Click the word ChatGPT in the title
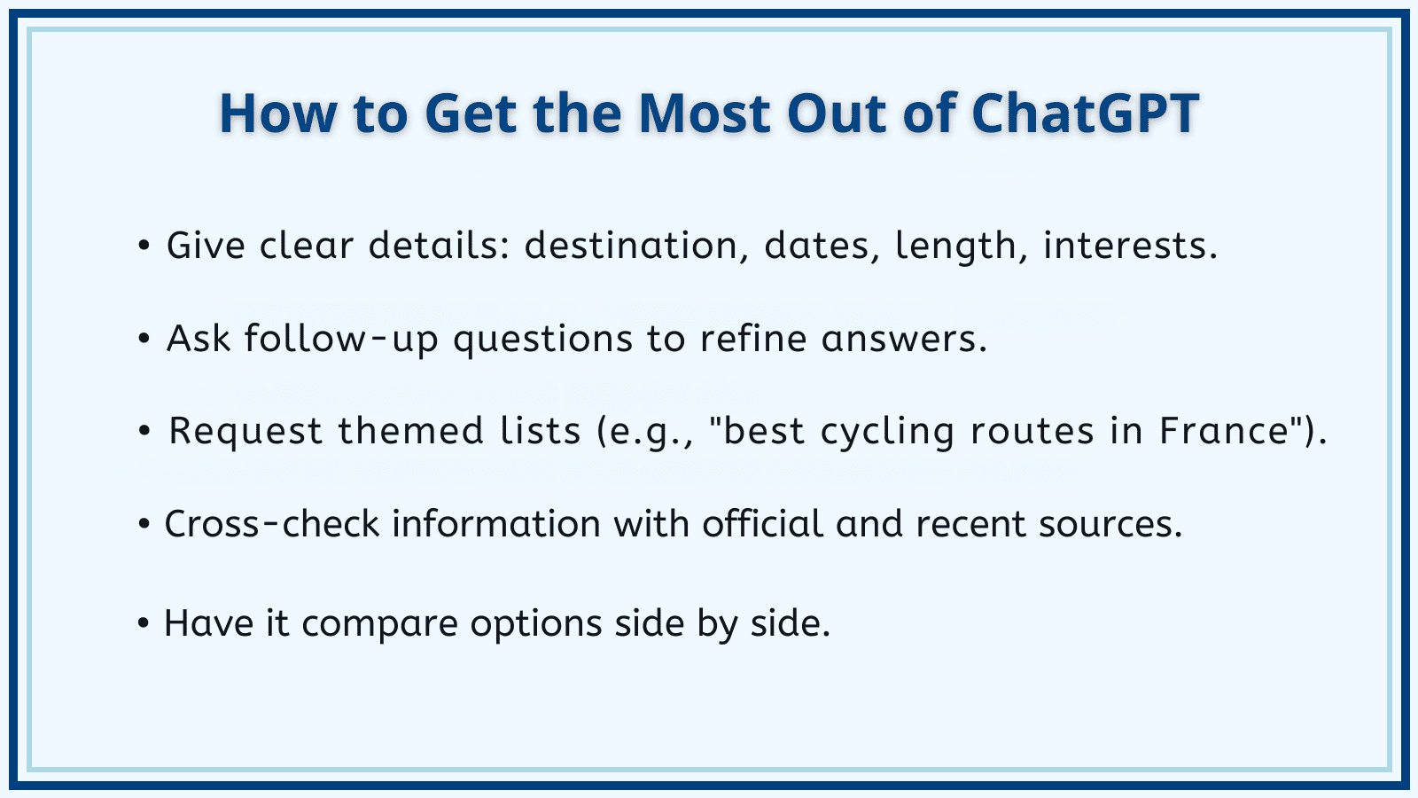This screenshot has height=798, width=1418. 1085,113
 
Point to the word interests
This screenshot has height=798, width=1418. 1130,246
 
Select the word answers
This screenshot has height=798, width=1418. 904,339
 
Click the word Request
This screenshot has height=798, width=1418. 246,432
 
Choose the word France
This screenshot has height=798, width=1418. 1225,431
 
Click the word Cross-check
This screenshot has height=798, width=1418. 271,524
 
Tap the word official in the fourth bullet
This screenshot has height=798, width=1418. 763,523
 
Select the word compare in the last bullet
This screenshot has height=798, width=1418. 380,624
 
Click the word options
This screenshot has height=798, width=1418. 536,624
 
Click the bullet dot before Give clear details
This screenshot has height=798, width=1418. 144,246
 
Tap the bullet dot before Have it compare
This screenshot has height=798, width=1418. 143,623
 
